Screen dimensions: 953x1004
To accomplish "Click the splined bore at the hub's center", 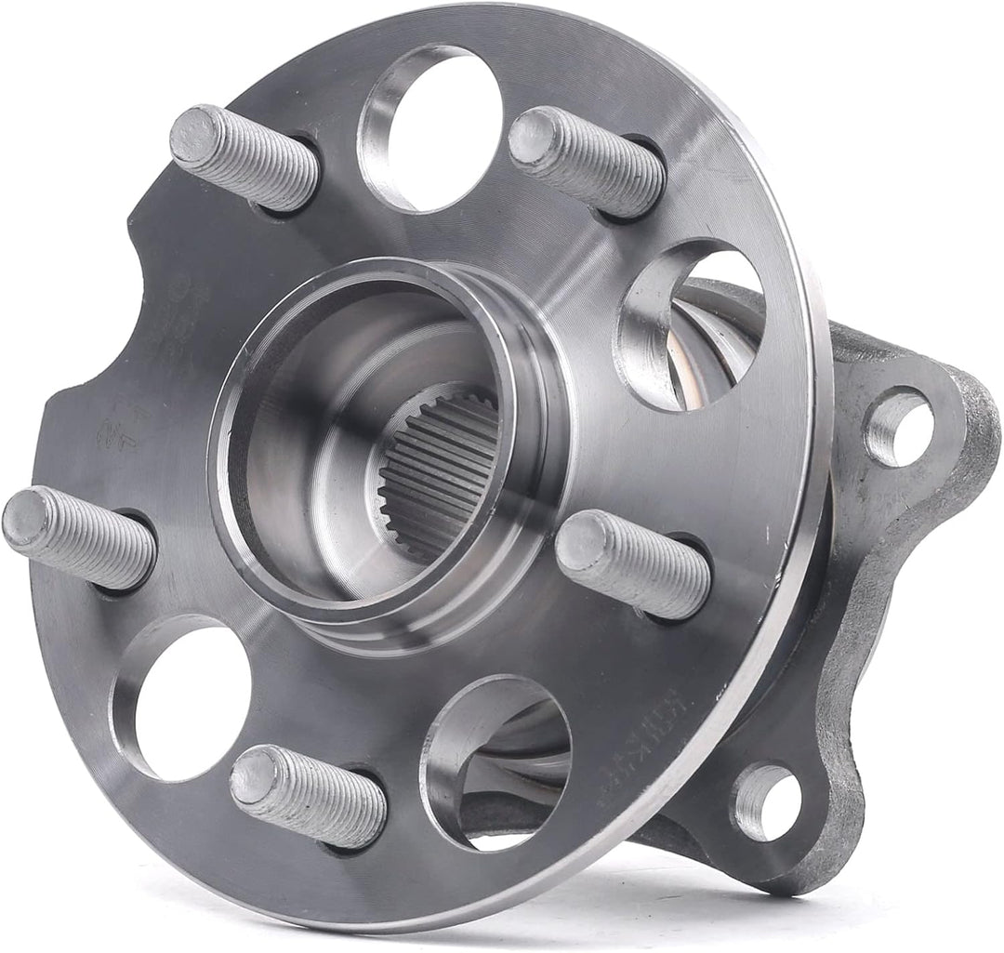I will tap(437, 474).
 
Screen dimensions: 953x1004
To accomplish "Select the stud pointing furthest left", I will tap(79, 537).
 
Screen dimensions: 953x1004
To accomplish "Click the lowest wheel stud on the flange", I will tap(307, 795).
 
